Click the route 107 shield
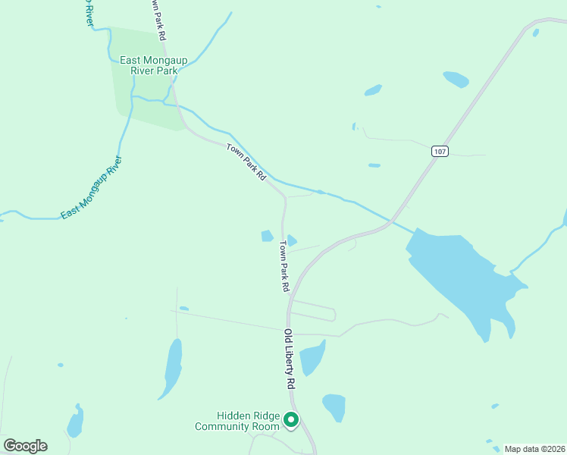(x=440, y=151)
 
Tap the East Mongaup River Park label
(x=149, y=65)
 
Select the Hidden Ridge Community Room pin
(x=290, y=419)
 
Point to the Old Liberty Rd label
(x=289, y=359)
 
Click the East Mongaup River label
(x=91, y=189)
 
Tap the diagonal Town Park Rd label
(x=247, y=161)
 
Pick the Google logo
(x=25, y=446)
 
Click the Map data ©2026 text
(x=535, y=449)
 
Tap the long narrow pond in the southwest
(x=173, y=368)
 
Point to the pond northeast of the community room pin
(x=334, y=405)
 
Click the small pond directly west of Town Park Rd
(x=267, y=236)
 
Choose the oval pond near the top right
(x=456, y=79)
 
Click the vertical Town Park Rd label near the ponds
(x=283, y=266)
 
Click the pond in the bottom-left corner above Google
(x=74, y=422)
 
